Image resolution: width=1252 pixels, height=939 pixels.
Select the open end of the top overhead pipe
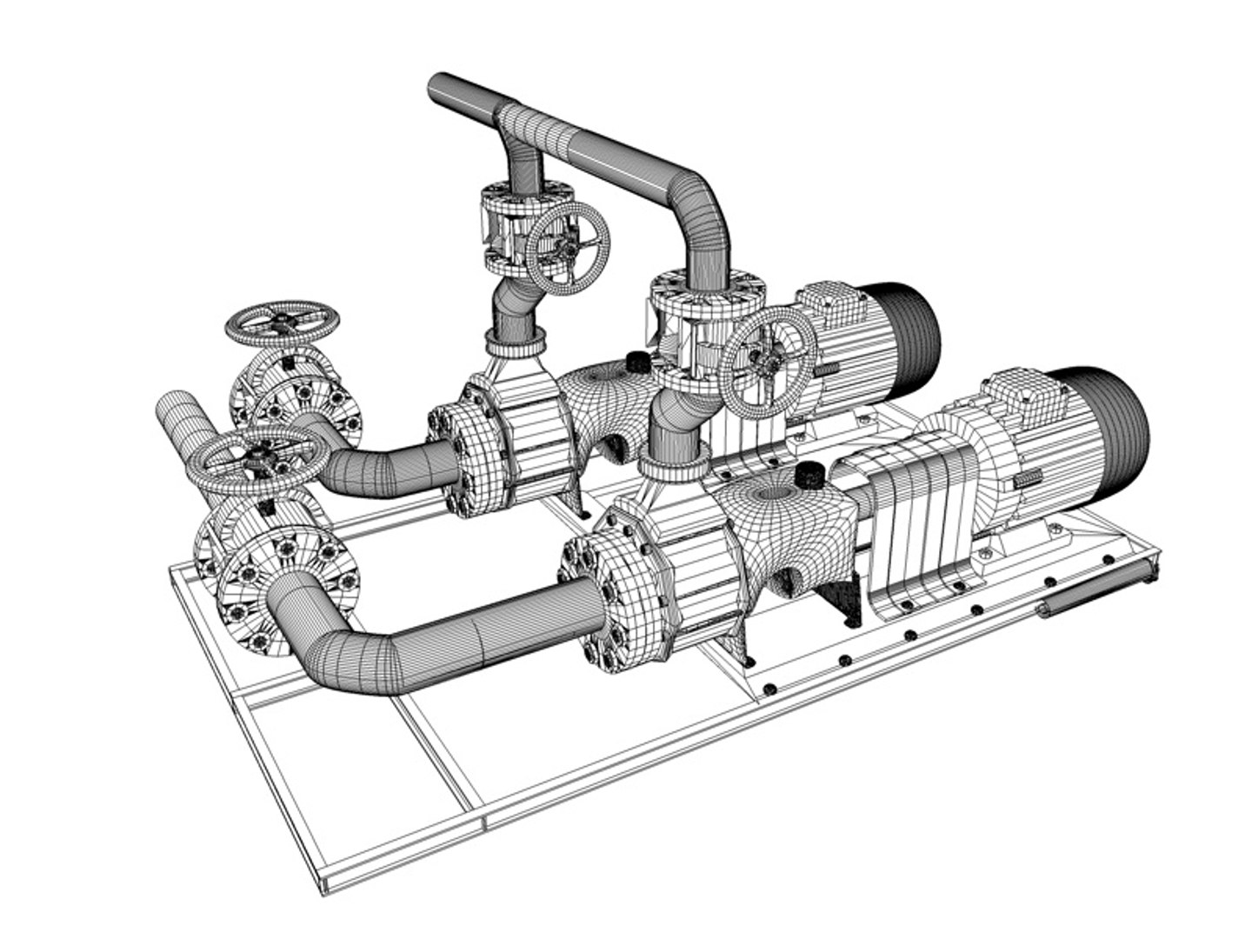439,87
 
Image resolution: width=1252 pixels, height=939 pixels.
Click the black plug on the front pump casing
810,476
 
